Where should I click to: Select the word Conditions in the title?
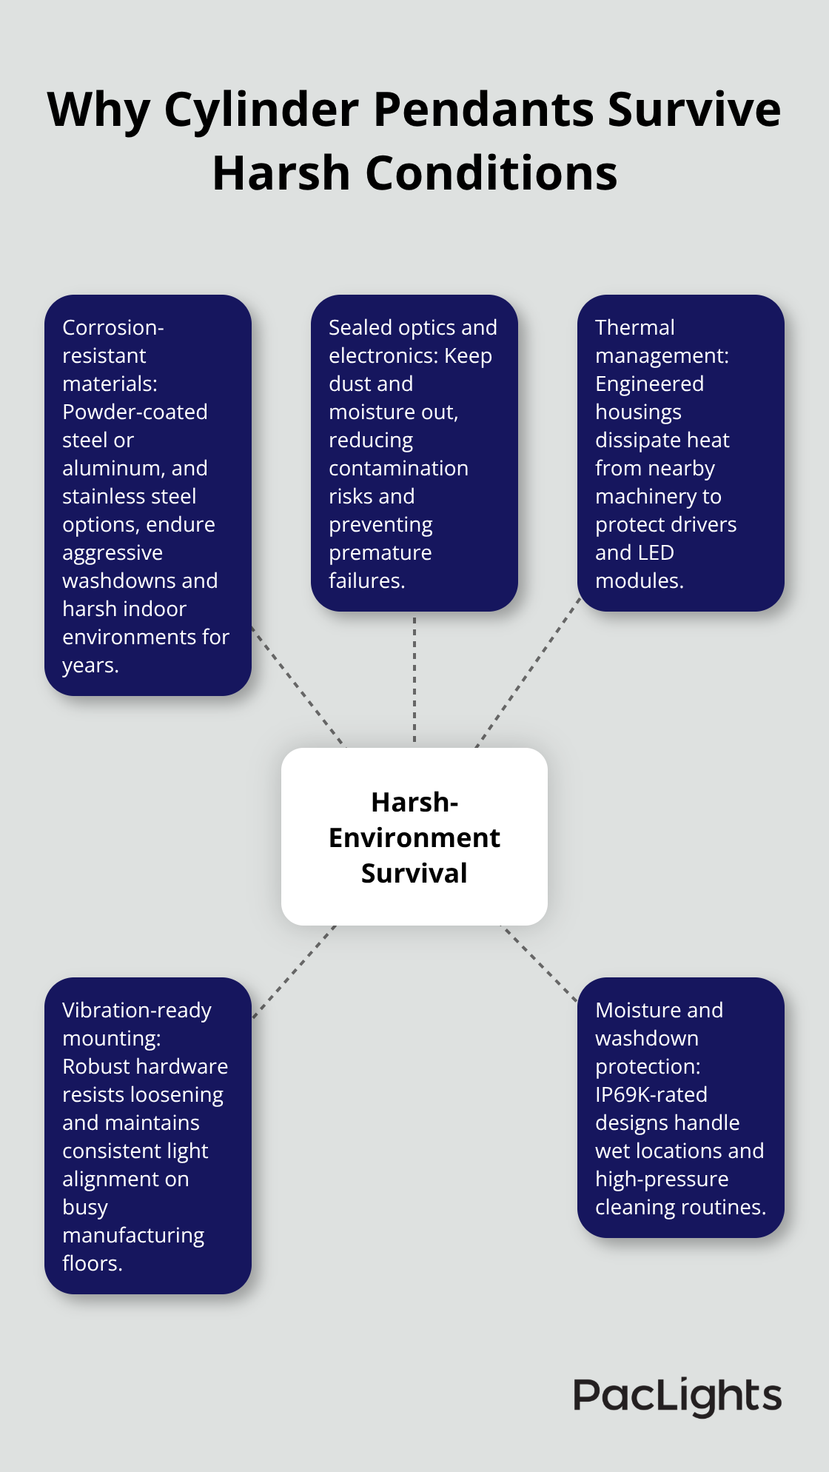(491, 173)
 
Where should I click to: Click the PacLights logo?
(677, 1396)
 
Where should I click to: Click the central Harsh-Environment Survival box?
(414, 837)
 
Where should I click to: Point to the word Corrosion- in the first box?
(113, 327)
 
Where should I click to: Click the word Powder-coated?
(135, 412)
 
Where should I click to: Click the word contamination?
(398, 468)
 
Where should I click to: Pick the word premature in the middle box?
(380, 552)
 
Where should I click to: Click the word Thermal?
(634, 327)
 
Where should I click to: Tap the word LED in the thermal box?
(656, 552)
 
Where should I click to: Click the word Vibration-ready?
(137, 1010)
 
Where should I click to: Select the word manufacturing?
(133, 1235)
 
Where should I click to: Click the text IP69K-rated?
(651, 1094)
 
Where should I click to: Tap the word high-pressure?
(662, 1179)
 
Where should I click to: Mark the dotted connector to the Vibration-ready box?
(295, 971)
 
